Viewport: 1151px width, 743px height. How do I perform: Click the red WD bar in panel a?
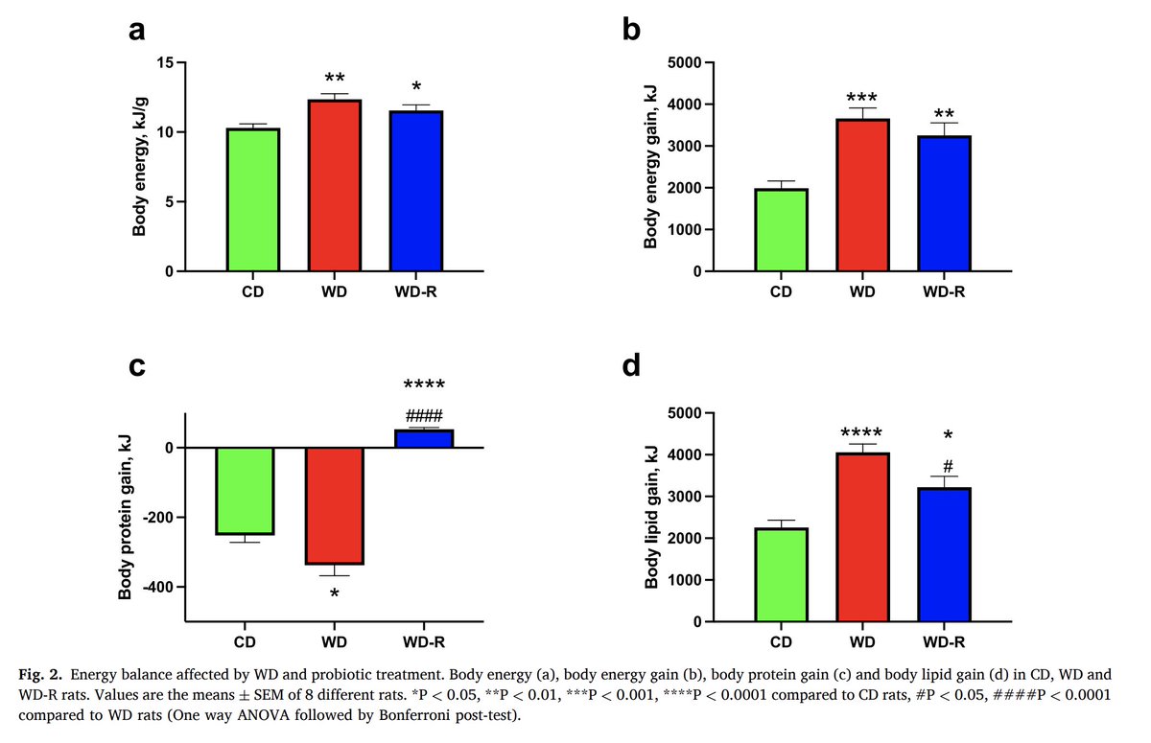point(334,186)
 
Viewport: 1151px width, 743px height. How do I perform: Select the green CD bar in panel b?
point(781,230)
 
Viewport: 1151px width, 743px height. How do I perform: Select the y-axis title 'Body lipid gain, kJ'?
point(652,518)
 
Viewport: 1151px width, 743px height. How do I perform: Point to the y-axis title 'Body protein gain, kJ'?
point(126,518)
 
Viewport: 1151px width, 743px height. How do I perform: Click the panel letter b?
point(631,30)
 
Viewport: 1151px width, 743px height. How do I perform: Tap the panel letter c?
point(138,366)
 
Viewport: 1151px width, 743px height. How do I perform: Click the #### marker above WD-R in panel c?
point(423,416)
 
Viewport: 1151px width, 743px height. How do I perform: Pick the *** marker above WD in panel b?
point(861,98)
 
